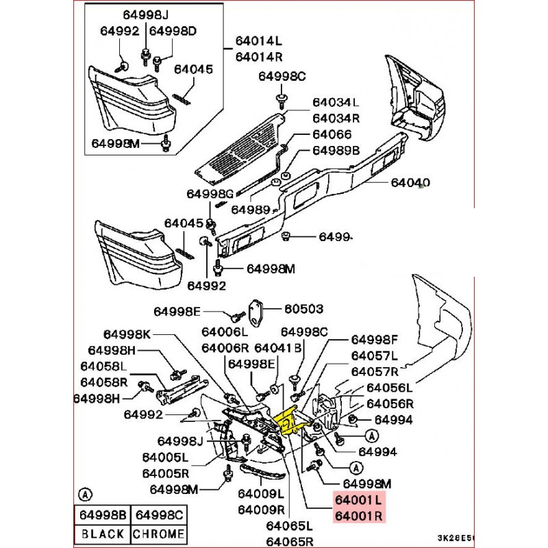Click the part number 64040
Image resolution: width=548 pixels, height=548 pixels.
coord(411,183)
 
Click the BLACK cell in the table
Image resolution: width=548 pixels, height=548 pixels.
coord(103,534)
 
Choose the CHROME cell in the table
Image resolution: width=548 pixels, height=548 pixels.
coord(160,534)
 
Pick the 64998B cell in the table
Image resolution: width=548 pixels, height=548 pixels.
coord(103,515)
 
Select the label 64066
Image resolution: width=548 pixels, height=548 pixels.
coord(332,134)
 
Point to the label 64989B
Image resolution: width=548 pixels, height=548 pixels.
coord(336,150)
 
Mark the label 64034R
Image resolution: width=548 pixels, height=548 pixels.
coord(336,117)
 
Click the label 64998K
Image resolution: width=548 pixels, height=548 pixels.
coord(127,334)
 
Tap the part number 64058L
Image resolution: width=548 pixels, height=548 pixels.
coord(103,366)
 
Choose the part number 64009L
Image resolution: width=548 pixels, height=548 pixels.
coord(261,494)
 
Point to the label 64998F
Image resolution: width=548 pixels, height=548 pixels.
coord(375,339)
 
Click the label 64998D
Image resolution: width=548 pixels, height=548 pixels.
coord(173,31)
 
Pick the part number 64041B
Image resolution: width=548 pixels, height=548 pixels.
coord(278,348)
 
